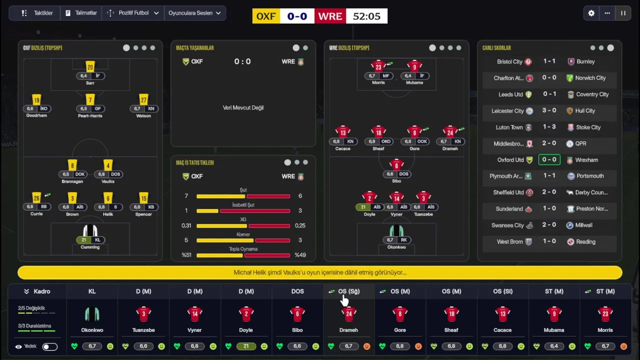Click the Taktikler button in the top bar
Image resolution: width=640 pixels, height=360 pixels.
pyautogui.click(x=37, y=13)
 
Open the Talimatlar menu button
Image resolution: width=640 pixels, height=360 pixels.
pyautogui.click(x=81, y=13)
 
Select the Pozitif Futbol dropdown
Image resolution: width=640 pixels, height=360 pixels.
pyautogui.click(x=133, y=13)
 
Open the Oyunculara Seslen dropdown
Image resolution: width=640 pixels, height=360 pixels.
pyautogui.click(x=194, y=13)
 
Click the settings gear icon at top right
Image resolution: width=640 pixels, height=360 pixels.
pyautogui.click(x=591, y=13)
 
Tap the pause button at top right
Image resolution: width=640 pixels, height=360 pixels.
pyautogui.click(x=623, y=13)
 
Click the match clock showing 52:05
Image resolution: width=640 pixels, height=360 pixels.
pyautogui.click(x=366, y=16)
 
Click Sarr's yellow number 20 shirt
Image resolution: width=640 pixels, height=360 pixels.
pyautogui.click(x=90, y=66)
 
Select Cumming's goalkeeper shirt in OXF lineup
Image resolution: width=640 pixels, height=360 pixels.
pyautogui.click(x=90, y=231)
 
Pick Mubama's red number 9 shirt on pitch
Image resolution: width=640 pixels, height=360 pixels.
pyautogui.click(x=414, y=66)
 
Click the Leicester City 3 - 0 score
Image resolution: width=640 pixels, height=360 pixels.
pyautogui.click(x=549, y=110)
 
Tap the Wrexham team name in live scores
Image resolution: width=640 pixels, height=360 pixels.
pyautogui.click(x=586, y=160)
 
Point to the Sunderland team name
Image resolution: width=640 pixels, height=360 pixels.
pyautogui.click(x=509, y=209)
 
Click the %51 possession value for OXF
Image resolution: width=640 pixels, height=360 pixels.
pyautogui.click(x=186, y=255)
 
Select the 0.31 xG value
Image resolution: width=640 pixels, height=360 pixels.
pyautogui.click(x=186, y=225)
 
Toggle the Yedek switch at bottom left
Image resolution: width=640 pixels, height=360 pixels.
pyautogui.click(x=49, y=346)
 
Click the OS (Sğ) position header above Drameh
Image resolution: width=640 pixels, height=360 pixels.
pyautogui.click(x=348, y=291)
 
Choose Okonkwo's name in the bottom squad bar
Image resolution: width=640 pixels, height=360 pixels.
pyautogui.click(x=92, y=330)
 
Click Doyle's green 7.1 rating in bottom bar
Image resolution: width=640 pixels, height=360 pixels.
pyautogui.click(x=246, y=346)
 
